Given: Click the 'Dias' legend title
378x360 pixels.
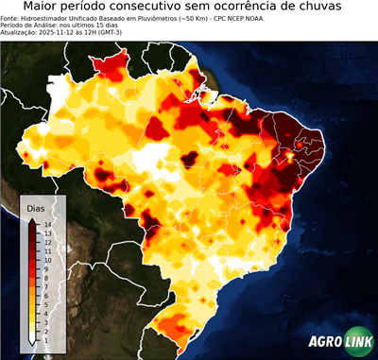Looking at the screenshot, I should (x=35, y=207).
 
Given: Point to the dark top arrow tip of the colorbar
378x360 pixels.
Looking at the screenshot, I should (x=32, y=221).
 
